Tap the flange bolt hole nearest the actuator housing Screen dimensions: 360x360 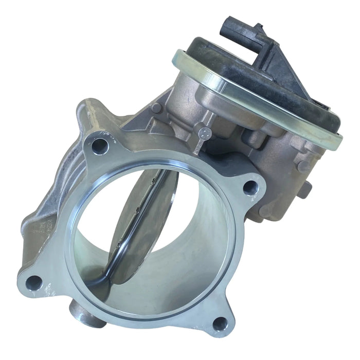(x=249, y=186)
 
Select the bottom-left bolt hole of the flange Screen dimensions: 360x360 (x=34, y=281)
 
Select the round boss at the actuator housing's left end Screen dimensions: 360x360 (x=156, y=108)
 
